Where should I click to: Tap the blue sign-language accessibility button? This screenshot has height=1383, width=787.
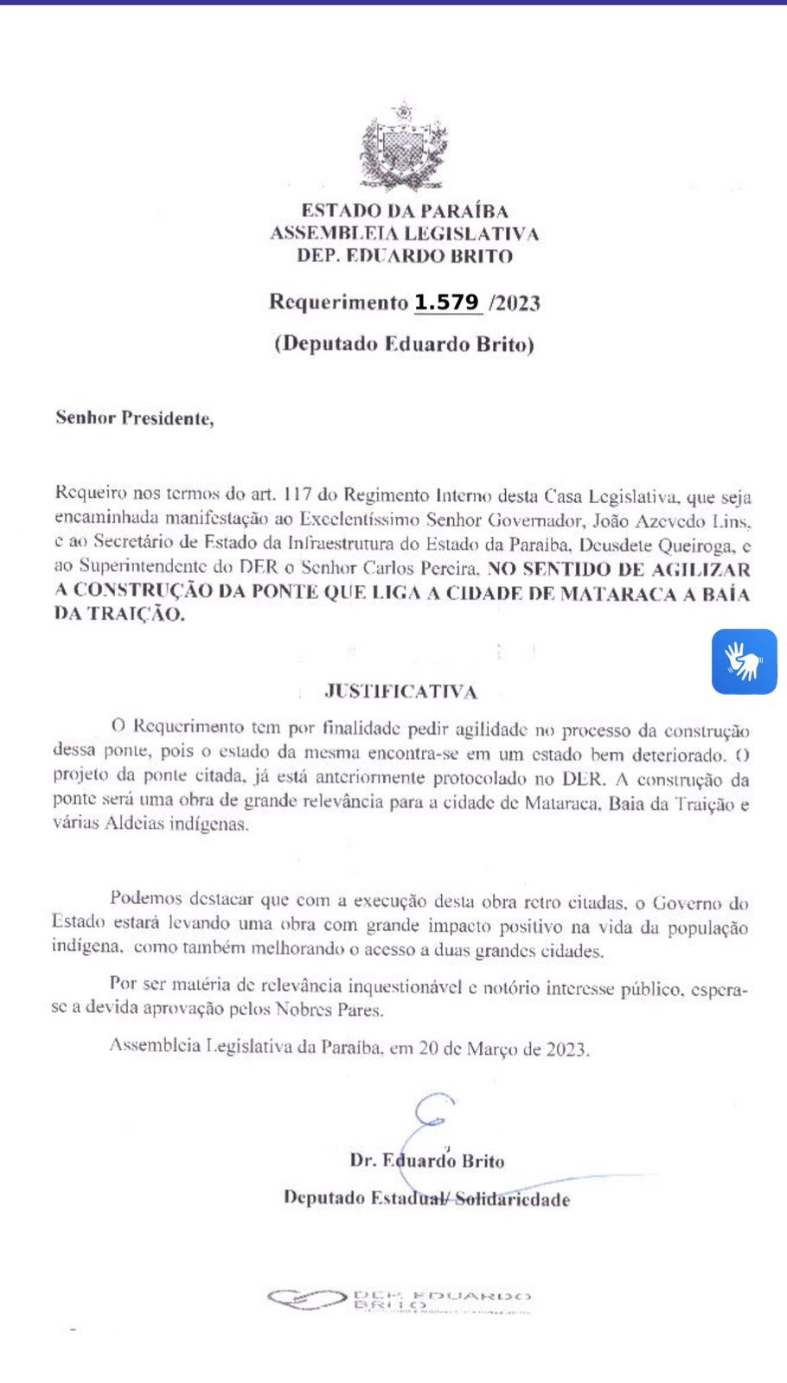tap(744, 661)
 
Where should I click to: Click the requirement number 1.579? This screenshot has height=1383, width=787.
tap(447, 303)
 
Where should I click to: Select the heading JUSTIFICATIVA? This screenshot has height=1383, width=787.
tap(401, 691)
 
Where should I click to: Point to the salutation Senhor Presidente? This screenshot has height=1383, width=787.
tap(134, 418)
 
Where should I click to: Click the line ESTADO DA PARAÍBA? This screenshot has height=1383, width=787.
tap(404, 210)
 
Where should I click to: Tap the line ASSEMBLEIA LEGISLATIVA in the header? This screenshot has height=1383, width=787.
tap(404, 233)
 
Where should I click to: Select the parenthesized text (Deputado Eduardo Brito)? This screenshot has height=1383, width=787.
tap(404, 344)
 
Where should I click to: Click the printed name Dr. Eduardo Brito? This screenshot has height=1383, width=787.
tap(426, 1161)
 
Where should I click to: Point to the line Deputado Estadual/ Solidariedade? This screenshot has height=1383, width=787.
tap(426, 1199)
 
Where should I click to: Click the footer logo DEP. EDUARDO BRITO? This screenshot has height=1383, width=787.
tap(400, 1299)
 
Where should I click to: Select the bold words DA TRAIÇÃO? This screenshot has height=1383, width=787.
tap(119, 615)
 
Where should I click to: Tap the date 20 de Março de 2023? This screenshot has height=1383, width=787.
tap(502, 1048)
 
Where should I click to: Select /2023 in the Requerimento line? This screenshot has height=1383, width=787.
tap(515, 303)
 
